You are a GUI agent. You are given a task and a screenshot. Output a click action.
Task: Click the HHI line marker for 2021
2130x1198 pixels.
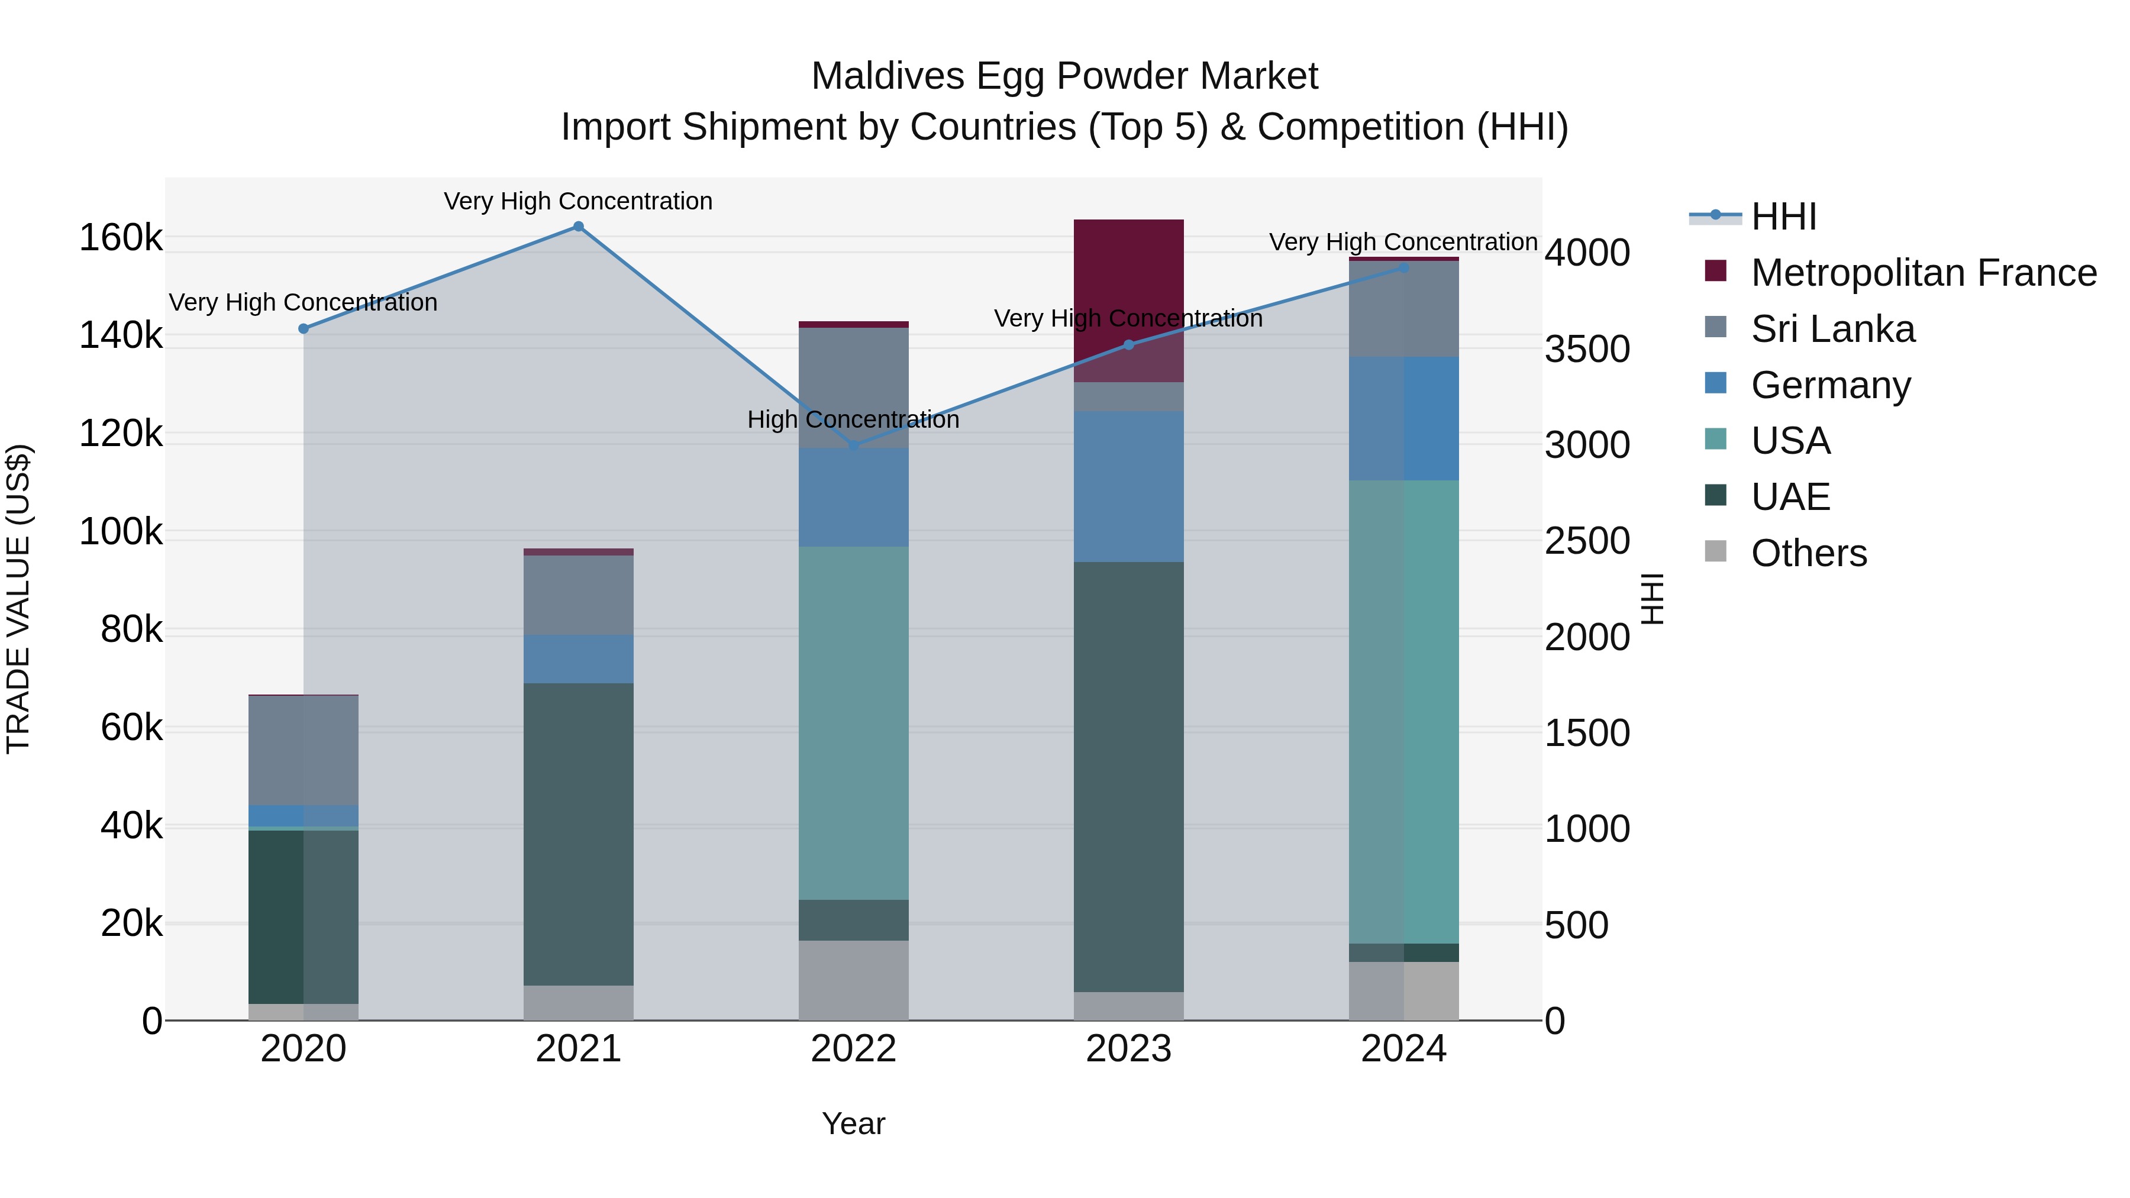[578, 227]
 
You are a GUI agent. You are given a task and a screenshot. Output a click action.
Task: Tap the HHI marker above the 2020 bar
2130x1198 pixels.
[304, 328]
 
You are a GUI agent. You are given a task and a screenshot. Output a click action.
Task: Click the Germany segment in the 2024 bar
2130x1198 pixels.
[1403, 418]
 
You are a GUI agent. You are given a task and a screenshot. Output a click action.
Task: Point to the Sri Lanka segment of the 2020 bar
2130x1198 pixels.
[304, 750]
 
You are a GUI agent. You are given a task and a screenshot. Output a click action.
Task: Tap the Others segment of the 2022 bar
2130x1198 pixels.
[853, 980]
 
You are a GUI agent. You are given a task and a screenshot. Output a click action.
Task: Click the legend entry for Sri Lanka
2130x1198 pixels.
[1832, 329]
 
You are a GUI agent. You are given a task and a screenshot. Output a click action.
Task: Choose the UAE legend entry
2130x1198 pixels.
[1790, 497]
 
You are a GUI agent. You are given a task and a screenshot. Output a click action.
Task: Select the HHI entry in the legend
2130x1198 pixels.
[1783, 217]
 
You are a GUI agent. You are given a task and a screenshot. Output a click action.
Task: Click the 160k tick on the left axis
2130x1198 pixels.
[121, 238]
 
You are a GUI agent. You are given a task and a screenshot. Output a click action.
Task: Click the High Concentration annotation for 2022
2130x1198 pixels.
[853, 420]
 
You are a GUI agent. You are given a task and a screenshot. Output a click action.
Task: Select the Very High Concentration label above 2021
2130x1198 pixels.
[578, 202]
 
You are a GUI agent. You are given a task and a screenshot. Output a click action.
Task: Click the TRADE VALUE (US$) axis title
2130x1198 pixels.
[18, 599]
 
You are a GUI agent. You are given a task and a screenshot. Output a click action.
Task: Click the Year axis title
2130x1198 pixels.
[853, 1123]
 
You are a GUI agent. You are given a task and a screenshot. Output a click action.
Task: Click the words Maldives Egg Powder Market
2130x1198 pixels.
[1064, 76]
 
